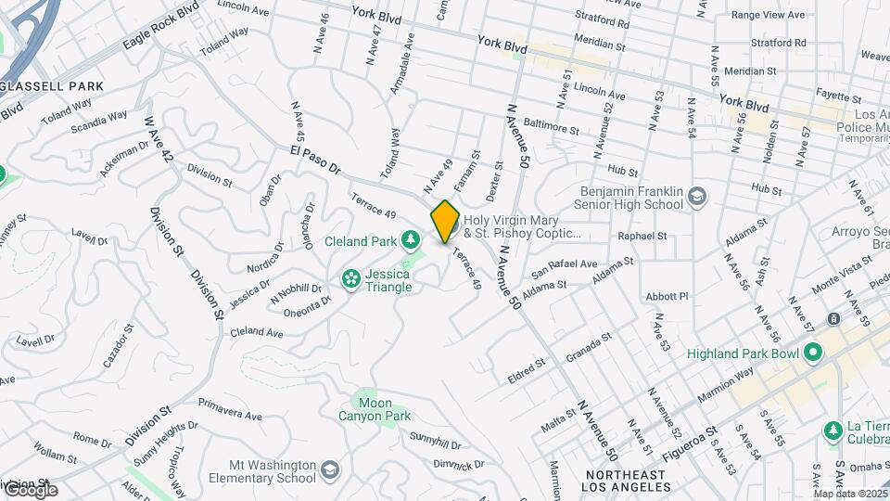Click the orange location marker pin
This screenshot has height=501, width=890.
coord(445,221)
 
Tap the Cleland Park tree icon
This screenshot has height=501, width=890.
coord(410,241)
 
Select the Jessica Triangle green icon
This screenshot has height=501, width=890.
coord(351,278)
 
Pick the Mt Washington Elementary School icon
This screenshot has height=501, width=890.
coord(329,472)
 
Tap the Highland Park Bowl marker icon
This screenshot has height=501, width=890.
coord(813,353)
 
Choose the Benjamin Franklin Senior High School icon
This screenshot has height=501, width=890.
coord(696,197)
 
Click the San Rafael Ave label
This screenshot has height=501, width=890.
coord(564,270)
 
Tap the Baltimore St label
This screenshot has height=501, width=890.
coord(551,126)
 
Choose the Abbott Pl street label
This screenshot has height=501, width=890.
coord(667,297)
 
